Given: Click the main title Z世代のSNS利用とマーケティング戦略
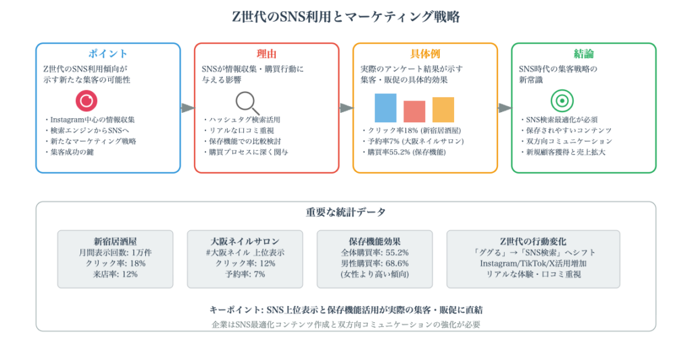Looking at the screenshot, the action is point(346,17).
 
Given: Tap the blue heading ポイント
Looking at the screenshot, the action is point(108,54).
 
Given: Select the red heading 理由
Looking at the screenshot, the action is point(266,54).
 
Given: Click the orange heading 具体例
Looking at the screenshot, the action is point(425,54).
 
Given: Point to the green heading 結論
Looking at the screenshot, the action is point(583,54).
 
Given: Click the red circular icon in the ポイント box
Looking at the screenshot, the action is point(86,101).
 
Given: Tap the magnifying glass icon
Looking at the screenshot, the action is point(247,103).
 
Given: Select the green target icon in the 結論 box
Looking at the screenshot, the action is point(562,101).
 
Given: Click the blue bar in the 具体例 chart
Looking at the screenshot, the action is point(385,107).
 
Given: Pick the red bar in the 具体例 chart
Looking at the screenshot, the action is point(414,111).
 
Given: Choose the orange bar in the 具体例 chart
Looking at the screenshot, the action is point(443,109).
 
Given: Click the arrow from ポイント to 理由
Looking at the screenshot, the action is point(188,108).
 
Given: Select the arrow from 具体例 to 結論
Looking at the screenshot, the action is point(505,108).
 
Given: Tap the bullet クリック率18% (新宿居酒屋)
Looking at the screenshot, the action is point(412,130).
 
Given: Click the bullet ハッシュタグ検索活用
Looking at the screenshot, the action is point(241,120).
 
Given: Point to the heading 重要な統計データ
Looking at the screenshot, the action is point(346,212).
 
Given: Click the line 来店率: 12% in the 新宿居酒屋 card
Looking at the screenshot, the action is point(115,274).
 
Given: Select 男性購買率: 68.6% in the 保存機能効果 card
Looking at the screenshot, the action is point(374,263).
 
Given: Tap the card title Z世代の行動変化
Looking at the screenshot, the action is point(533,241).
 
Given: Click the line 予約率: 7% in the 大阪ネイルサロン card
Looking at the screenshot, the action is point(245,274).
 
